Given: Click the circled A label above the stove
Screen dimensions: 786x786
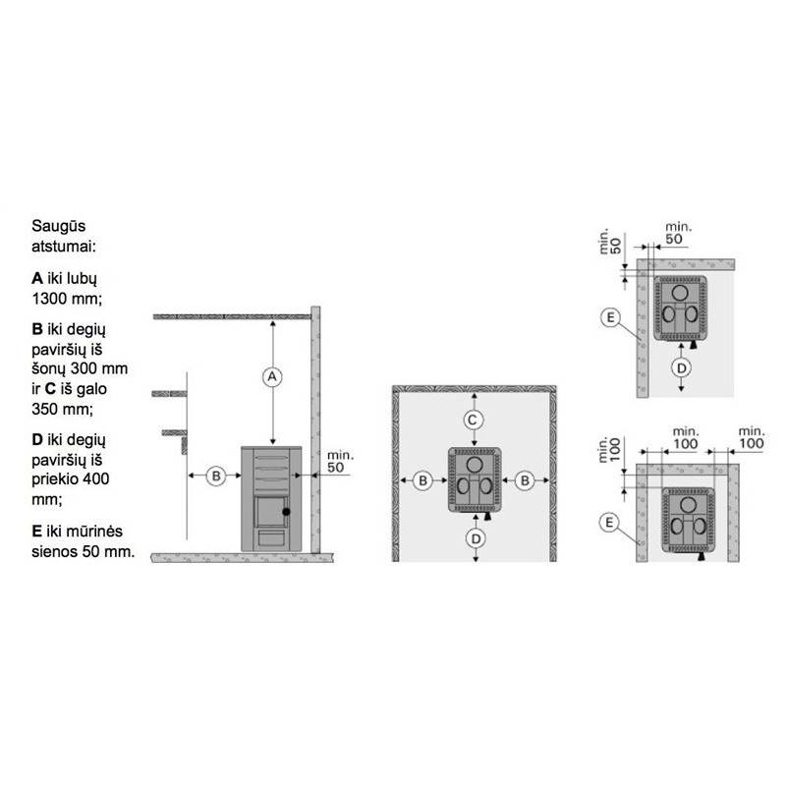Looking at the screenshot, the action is (x=272, y=376).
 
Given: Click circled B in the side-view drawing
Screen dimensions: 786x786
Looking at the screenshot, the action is (x=216, y=476).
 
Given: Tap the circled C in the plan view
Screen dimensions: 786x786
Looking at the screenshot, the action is (x=473, y=421).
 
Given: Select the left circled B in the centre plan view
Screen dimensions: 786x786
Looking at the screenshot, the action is (x=422, y=480).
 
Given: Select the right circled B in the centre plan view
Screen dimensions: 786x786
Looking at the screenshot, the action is (x=525, y=480).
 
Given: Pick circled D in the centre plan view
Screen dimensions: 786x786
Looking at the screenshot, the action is (x=476, y=538).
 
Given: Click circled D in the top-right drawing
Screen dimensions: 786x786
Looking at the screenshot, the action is (x=681, y=367).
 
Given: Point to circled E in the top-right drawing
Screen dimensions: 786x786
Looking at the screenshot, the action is (x=610, y=317).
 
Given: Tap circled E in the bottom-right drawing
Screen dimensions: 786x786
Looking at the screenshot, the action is (x=609, y=523).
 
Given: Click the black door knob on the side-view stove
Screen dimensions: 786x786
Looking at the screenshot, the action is (x=286, y=512).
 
